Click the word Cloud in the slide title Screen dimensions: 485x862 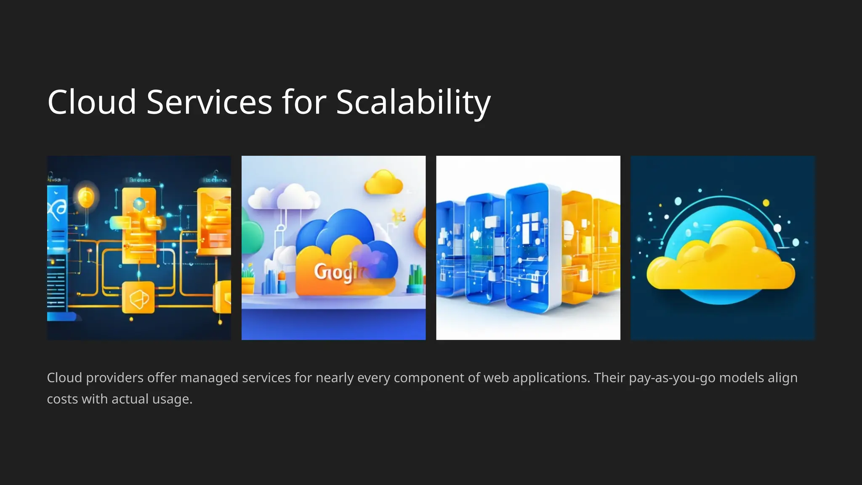92,102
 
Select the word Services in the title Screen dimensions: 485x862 209,102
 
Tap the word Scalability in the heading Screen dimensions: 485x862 413,102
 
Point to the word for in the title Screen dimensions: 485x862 304,102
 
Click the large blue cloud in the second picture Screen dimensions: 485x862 337,229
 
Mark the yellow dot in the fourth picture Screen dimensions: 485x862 766,203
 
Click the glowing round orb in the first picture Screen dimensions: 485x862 86,196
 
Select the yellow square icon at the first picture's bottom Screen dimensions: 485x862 138,298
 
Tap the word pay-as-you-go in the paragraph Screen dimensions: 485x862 672,378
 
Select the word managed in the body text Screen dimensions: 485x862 209,378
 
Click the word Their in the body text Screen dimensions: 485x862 609,378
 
